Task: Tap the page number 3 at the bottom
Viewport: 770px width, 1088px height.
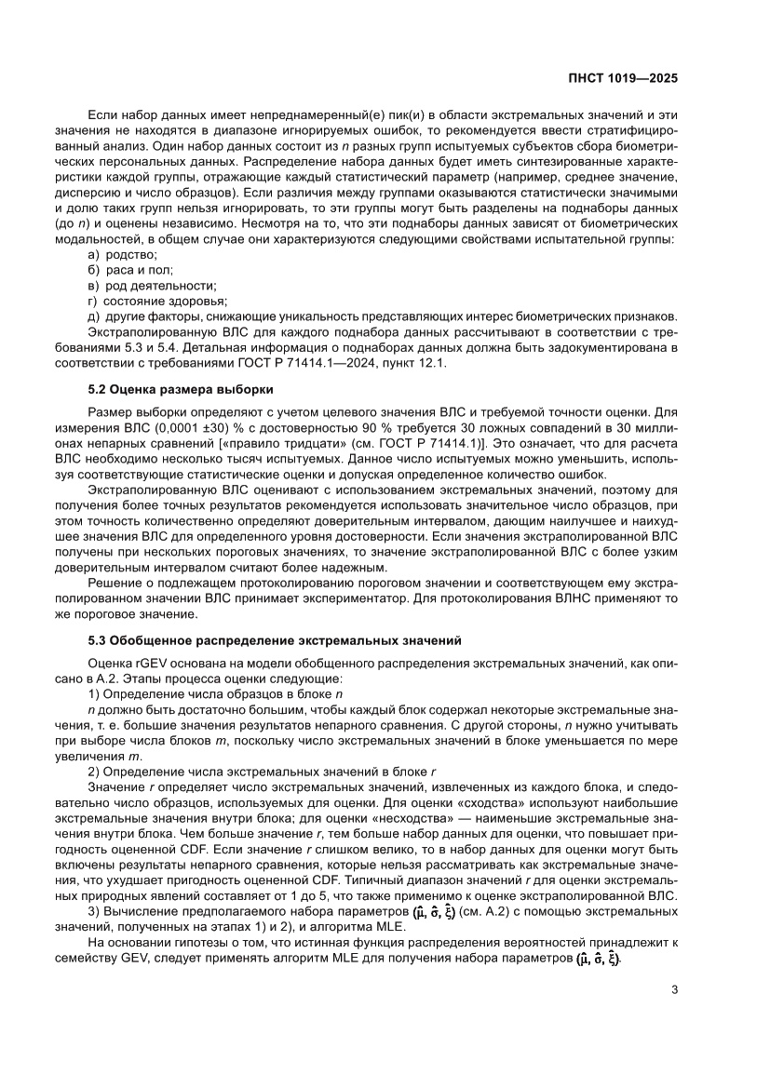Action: (x=673, y=990)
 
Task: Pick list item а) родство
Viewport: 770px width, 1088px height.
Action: (x=122, y=255)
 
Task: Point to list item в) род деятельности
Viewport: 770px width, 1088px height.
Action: (x=151, y=286)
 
